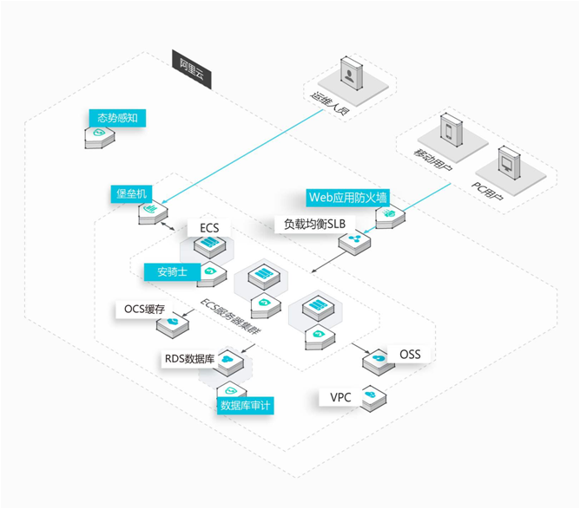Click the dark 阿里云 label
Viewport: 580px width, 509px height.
coord(192,66)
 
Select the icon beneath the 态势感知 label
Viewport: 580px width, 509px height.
coord(100,135)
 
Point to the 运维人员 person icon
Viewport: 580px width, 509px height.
coord(352,74)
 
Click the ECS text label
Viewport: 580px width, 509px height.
coord(209,228)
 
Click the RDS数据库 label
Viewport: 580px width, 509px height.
coord(189,357)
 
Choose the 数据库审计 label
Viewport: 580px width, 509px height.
coord(247,404)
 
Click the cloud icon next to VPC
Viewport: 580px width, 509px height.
coord(370,396)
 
